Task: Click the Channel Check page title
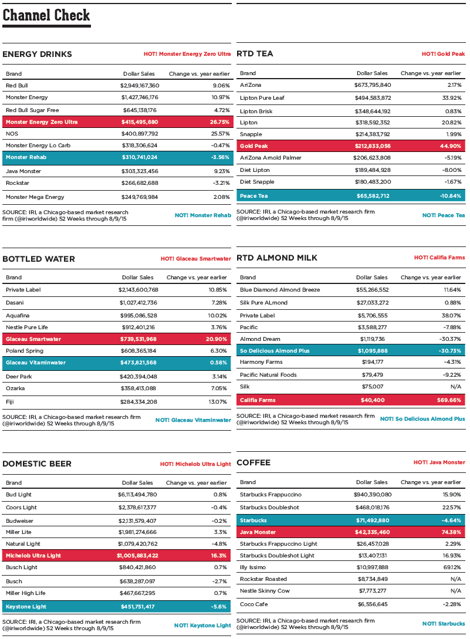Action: pos(46,15)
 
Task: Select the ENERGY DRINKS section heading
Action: pos(37,54)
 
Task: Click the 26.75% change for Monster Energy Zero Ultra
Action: pos(219,122)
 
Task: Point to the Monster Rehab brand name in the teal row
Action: pos(26,157)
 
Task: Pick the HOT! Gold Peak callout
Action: pos(443,54)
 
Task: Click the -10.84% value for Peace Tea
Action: pos(449,195)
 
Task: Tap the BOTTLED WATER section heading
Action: pos(39,259)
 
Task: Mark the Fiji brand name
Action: pos(10,401)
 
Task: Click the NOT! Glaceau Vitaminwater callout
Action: pos(193,420)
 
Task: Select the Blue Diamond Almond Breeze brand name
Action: pos(279,290)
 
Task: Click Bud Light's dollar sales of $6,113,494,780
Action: pos(137,495)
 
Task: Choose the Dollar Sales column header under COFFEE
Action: pos(372,482)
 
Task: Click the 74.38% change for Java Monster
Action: pos(449,532)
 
